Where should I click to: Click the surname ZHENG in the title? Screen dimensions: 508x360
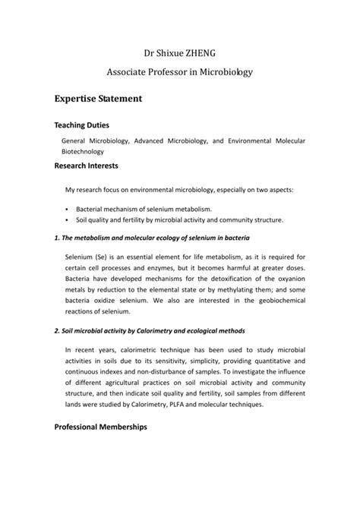[x=199, y=53]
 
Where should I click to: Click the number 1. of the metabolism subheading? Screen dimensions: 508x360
[x=58, y=238]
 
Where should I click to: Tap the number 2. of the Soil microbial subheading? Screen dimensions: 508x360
[x=58, y=331]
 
